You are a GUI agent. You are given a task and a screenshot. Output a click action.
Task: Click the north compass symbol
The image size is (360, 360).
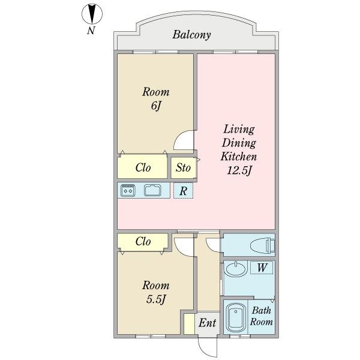tap(92, 14)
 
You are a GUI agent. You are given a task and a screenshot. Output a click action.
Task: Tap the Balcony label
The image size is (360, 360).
tap(191, 35)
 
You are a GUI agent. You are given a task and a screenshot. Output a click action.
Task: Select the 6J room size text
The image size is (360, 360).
tap(155, 106)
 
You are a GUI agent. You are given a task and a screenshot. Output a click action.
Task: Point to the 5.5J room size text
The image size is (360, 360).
tap(155, 299)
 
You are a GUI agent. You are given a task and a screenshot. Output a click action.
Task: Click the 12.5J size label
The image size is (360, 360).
tap(239, 170)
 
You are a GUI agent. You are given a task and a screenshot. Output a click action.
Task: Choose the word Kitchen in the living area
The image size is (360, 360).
tap(239, 157)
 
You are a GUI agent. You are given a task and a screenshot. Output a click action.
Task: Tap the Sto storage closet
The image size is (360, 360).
tap(184, 168)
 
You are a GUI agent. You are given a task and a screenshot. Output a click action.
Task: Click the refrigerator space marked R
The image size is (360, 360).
tap(183, 191)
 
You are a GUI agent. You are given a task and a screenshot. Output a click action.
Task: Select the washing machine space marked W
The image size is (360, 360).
tap(262, 268)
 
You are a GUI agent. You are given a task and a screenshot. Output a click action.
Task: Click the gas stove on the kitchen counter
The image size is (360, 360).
tap(128, 191)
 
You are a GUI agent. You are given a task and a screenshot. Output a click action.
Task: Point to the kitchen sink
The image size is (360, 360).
tap(152, 190)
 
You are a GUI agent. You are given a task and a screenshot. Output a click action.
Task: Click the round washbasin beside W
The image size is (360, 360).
tap(236, 269)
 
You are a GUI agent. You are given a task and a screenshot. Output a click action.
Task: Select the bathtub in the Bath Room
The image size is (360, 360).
tap(236, 317)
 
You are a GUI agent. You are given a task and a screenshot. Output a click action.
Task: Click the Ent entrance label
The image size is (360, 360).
tap(208, 323)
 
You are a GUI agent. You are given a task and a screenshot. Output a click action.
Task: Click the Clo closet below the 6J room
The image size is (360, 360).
tap(142, 167)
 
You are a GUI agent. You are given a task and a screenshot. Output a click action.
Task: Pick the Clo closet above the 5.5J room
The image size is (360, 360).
tap(143, 242)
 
